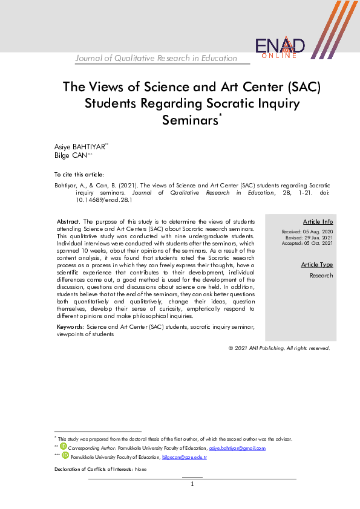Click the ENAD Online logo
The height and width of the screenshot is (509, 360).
280,47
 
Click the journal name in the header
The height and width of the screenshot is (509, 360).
156,58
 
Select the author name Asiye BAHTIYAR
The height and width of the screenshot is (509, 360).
80,147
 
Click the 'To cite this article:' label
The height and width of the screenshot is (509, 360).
79,174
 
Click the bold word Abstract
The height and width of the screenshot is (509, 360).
68,222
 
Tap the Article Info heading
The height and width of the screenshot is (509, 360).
318,222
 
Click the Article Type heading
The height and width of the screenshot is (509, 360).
317,265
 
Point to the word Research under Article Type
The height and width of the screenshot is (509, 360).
321,275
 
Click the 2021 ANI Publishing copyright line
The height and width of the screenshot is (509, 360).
279,348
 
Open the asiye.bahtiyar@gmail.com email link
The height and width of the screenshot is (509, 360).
237,448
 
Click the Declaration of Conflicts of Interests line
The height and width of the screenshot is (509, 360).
100,469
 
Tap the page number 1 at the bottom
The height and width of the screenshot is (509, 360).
192,484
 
